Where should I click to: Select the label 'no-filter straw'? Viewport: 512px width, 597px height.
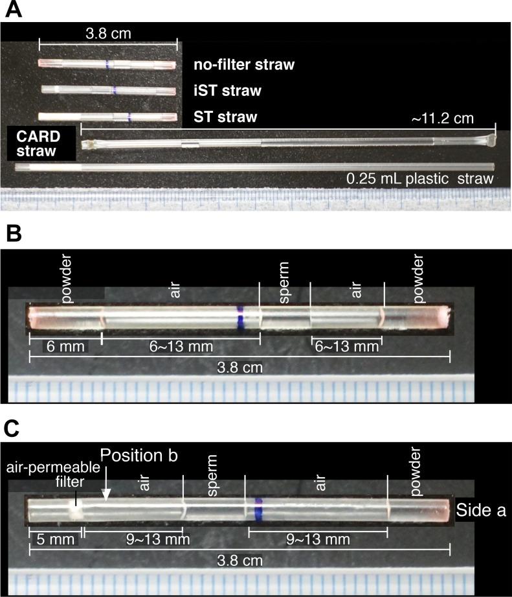pos(244,65)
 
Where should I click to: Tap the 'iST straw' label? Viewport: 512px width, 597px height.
pos(227,91)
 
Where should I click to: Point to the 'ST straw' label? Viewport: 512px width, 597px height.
pos(225,117)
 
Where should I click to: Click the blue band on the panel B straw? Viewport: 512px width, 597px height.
pos(241,318)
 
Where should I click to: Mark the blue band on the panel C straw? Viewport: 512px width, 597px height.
pos(258,509)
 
